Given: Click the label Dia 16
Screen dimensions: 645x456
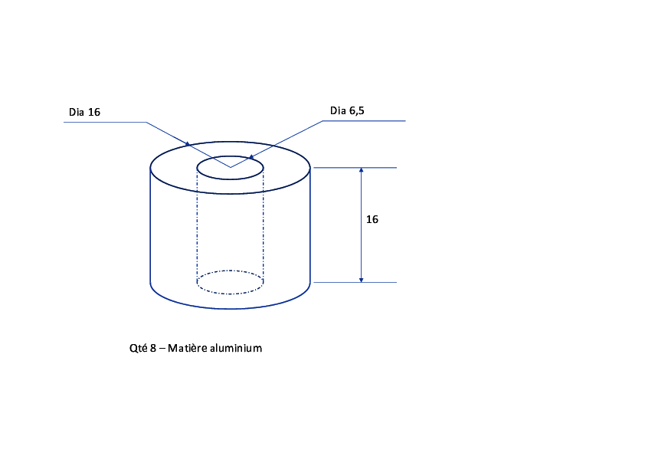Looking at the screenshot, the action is (84, 112).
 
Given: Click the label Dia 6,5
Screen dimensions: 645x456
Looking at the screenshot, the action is (347, 110).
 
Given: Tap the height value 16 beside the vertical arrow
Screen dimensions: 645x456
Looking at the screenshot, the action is (372, 219).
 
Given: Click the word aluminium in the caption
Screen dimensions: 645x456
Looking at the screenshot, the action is (236, 348).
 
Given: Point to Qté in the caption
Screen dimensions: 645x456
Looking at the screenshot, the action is (138, 348).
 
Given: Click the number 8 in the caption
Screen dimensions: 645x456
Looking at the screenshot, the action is (153, 348).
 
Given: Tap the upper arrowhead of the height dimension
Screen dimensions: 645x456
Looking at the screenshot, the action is (361, 170).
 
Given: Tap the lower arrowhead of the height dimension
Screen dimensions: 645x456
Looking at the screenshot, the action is (361, 280).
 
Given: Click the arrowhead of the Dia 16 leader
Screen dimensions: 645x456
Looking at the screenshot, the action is (188, 144).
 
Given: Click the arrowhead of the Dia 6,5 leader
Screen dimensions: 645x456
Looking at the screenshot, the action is (251, 157).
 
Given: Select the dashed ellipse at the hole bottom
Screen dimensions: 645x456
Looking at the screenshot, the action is (230, 294).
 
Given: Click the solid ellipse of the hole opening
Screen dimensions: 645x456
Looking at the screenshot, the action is (230, 179).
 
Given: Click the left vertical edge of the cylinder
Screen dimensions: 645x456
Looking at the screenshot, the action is (150, 225).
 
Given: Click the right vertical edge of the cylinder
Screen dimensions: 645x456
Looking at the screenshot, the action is (309, 225).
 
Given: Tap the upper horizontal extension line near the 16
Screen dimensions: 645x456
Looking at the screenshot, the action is (355, 168).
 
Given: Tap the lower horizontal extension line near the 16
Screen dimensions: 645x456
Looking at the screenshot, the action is (355, 282).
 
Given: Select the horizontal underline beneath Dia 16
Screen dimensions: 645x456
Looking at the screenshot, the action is (105, 122).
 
